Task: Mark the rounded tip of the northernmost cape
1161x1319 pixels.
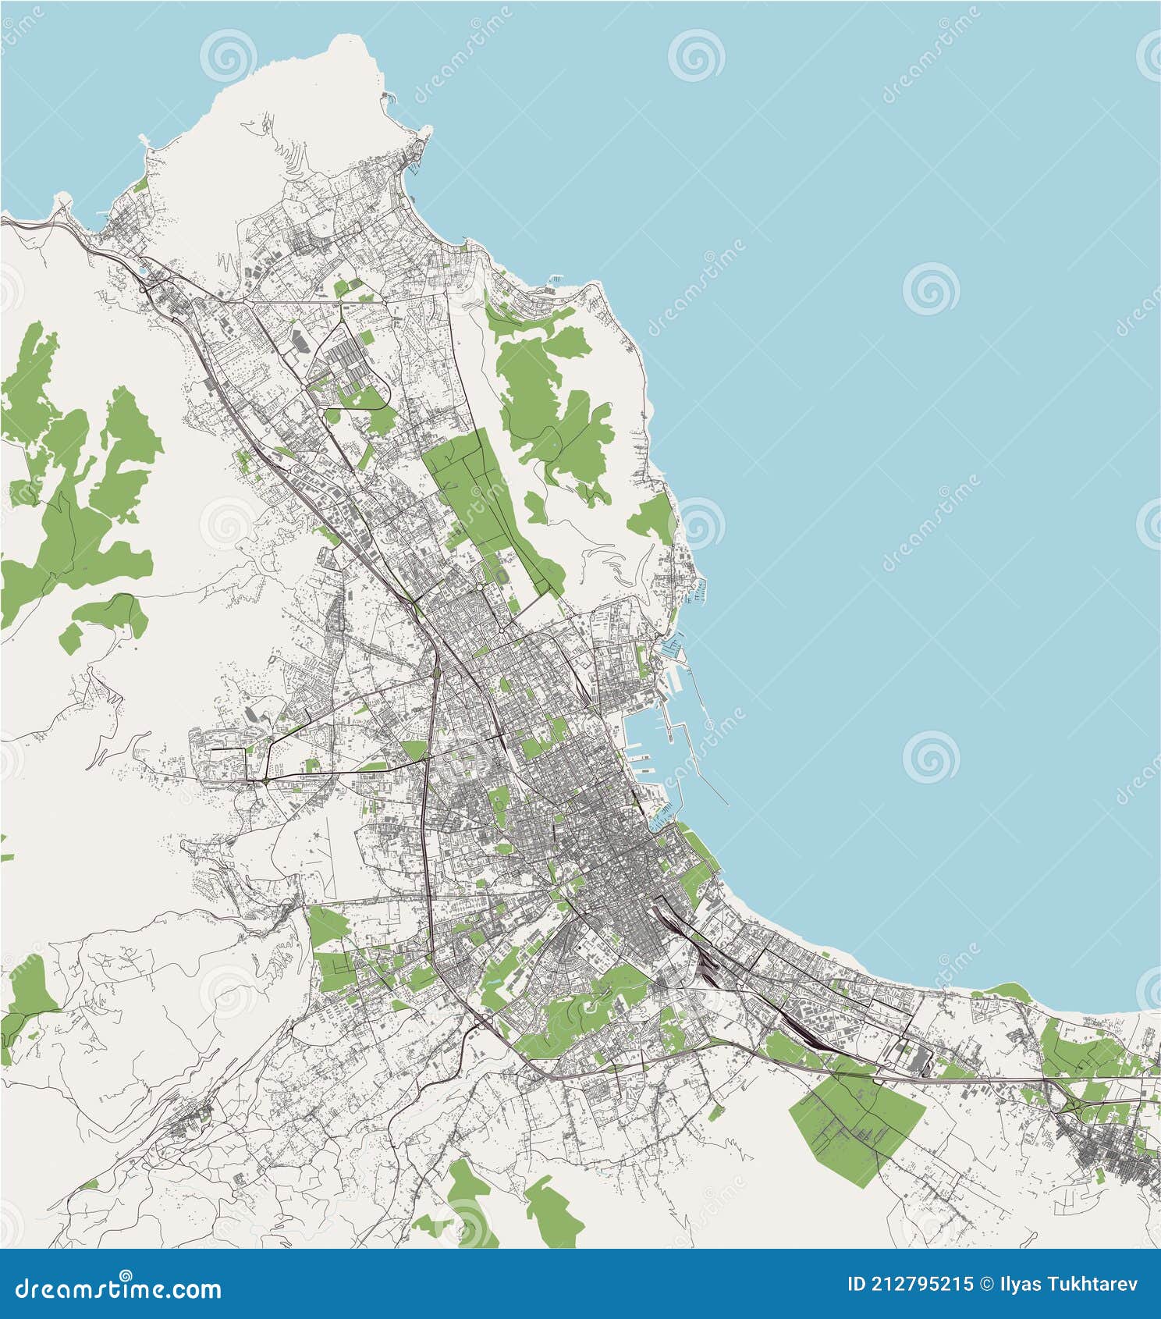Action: (356, 43)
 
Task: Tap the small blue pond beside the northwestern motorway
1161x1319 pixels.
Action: (140, 272)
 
